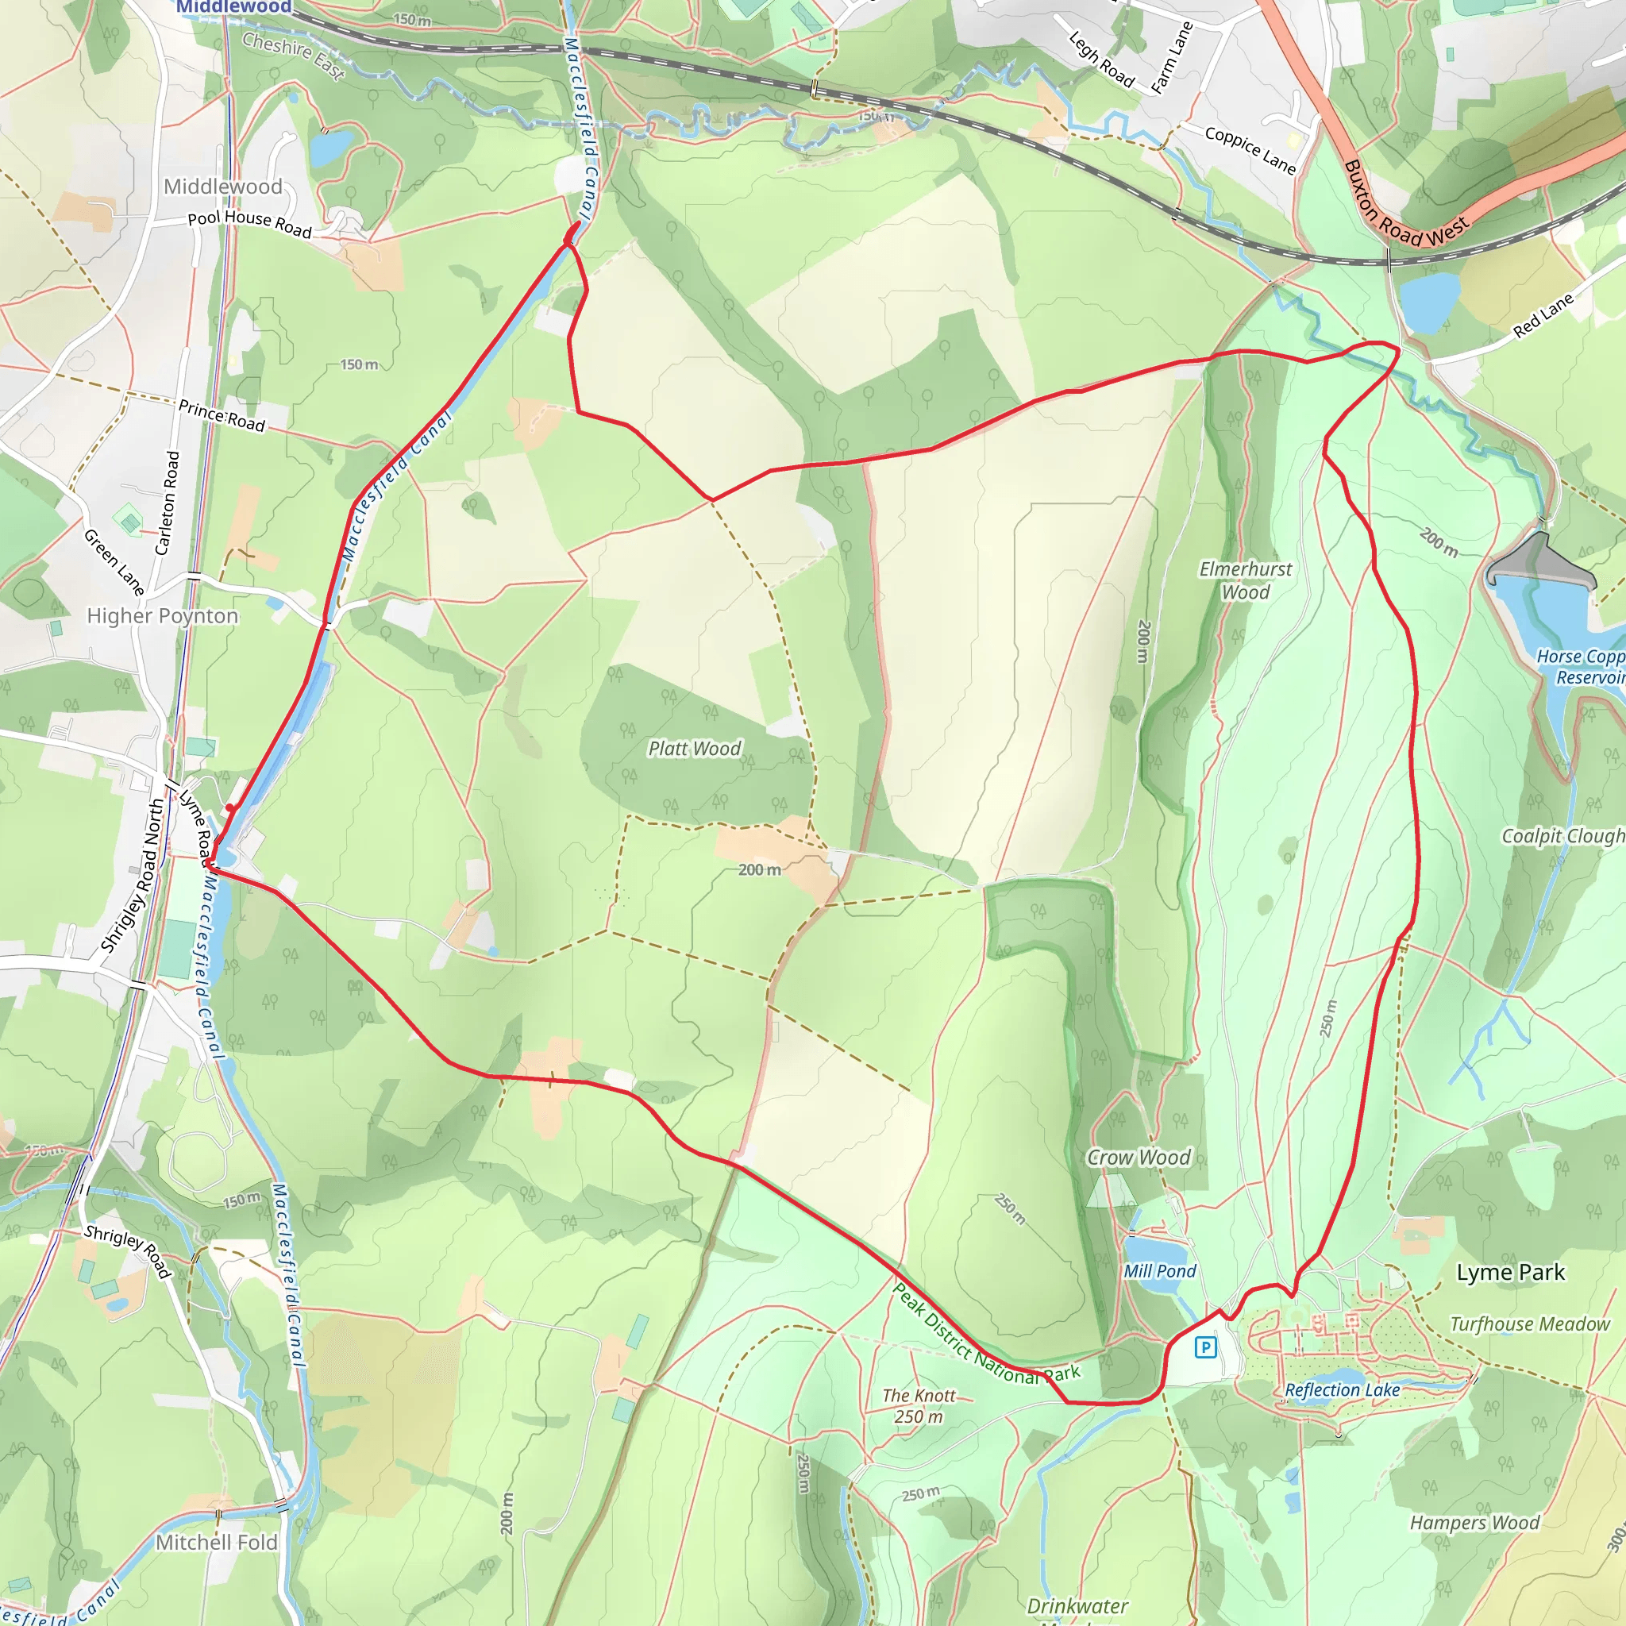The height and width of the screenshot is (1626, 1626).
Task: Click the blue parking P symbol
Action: [1205, 1347]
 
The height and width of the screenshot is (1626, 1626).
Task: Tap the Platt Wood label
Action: [695, 748]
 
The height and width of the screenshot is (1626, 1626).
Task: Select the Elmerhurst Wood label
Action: [1246, 580]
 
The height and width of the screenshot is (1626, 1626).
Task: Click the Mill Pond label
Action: [1160, 1271]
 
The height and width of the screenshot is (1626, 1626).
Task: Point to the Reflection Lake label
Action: [1342, 1389]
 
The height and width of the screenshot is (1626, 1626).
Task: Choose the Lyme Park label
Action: [1511, 1273]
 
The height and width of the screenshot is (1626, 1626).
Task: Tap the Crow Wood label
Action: [1139, 1158]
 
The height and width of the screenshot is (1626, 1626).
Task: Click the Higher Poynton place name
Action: [163, 616]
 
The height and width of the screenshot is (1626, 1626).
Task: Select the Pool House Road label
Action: [249, 223]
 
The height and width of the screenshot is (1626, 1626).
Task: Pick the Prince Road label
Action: [222, 416]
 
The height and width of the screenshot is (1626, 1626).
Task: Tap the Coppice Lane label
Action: [1250, 150]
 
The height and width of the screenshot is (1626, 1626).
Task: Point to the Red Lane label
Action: [1543, 316]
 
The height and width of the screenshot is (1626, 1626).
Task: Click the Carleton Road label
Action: [168, 503]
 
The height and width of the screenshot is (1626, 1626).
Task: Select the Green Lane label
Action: [114, 562]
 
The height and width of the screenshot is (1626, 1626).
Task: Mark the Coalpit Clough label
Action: [1562, 836]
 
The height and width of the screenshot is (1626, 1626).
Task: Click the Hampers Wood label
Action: [1474, 1523]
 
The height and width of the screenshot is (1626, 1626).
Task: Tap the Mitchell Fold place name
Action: [216, 1542]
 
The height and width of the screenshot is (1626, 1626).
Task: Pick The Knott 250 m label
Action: [919, 1405]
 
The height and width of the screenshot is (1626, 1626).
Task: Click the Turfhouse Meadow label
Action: [1530, 1324]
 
